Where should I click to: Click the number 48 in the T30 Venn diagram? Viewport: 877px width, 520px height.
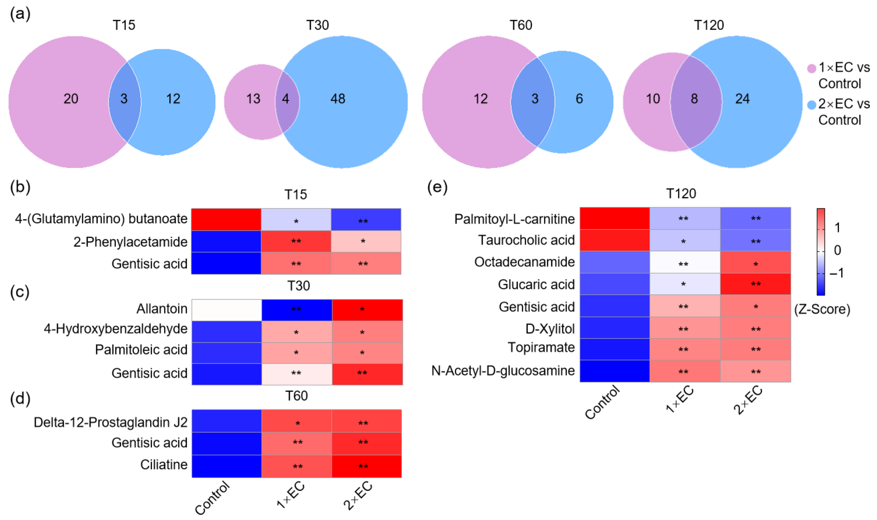coord(338,99)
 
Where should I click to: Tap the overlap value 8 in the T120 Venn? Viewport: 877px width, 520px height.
coord(694,99)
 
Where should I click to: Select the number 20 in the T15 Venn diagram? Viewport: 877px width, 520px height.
coord(71,99)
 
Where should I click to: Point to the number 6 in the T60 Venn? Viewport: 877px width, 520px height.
coord(579,99)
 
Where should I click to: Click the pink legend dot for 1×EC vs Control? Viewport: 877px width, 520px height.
coord(812,68)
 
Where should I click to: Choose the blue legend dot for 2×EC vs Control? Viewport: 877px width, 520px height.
coord(812,105)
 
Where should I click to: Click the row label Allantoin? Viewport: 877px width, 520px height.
coord(162,309)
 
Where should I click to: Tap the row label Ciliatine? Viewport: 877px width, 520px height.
coord(164,465)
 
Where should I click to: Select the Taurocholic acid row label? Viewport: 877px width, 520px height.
coord(526,240)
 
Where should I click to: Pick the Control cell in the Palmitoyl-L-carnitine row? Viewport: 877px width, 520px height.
coord(615,219)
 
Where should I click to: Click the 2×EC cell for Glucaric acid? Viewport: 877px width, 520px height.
coord(756,284)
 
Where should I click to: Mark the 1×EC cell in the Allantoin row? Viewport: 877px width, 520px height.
coord(296,310)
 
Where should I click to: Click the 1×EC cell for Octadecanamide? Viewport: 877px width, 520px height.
coord(685,262)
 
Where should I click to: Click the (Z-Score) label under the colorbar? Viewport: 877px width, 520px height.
coord(822,309)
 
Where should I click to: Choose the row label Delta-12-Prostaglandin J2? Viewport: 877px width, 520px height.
coord(110,422)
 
